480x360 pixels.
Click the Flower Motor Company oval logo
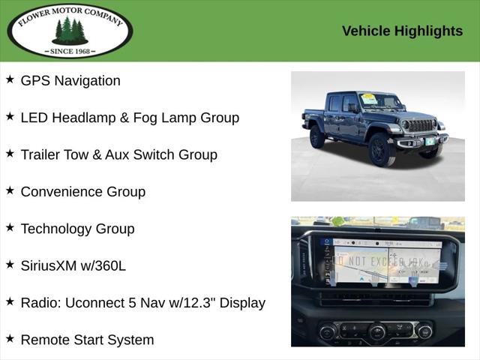(69, 31)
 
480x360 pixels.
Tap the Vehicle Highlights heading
(402, 31)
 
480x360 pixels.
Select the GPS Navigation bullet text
(70, 81)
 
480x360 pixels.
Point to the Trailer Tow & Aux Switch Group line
(118, 154)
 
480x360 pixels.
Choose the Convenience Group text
(82, 191)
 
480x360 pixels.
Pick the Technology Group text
(77, 229)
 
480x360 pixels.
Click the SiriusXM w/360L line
(73, 265)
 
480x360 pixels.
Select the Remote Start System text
(87, 340)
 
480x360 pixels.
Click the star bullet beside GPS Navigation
(10, 79)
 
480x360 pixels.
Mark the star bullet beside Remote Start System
(10, 338)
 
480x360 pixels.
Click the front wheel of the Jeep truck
(381, 149)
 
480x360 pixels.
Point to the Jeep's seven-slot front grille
(420, 125)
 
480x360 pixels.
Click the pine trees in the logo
(69, 31)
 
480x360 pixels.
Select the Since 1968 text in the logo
(69, 51)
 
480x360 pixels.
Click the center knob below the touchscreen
(376, 331)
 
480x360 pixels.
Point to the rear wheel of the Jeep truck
(317, 136)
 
